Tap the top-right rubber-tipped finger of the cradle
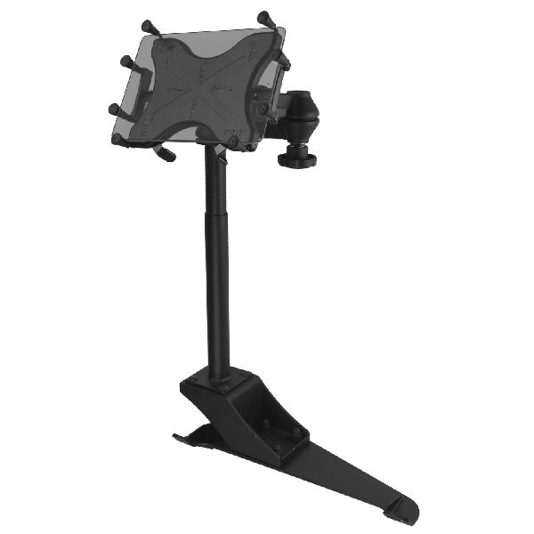point(264,17)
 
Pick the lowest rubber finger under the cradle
point(166,156)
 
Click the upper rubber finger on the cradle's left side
point(127,62)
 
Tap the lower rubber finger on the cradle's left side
point(116,109)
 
